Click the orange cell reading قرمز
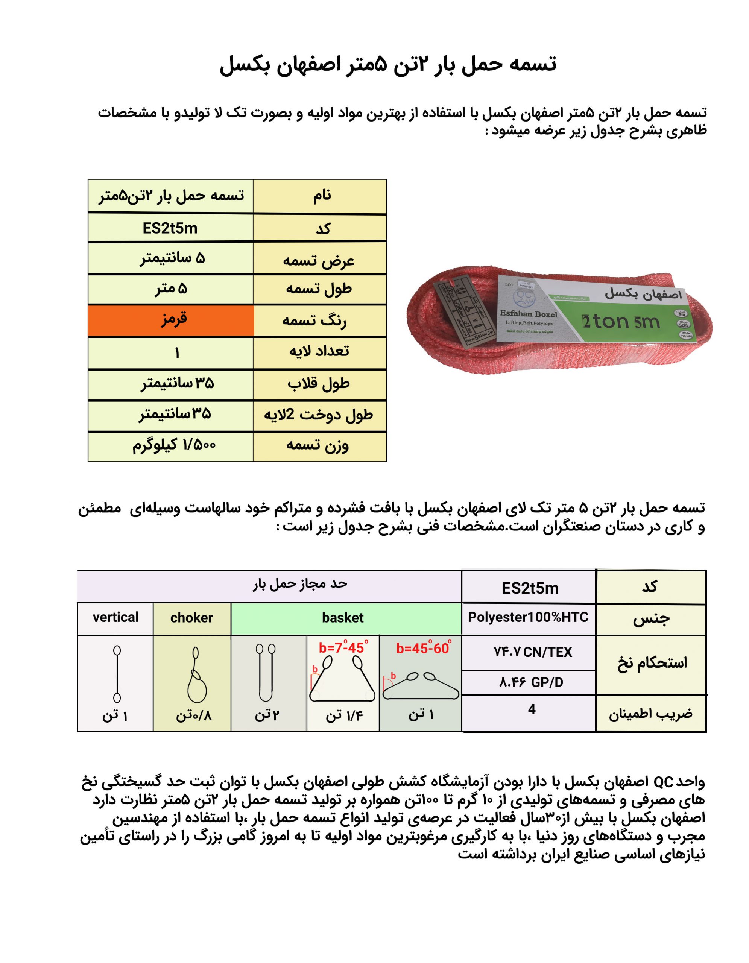[171, 320]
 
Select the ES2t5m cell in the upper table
[170, 228]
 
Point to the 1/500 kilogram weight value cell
[174, 446]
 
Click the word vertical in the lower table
[115, 617]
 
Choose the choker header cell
[192, 618]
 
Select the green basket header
[343, 618]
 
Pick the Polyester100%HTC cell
[528, 617]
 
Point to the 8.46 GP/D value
[531, 683]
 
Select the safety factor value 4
[532, 709]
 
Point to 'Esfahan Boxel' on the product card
[528, 314]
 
